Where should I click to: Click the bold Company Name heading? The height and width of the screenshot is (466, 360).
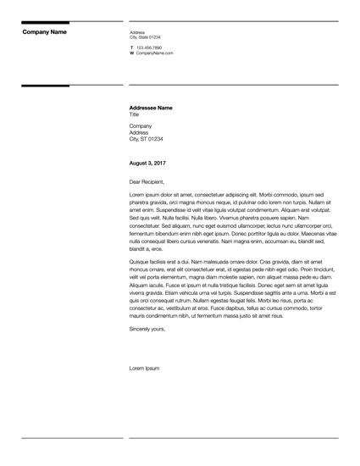tap(44, 32)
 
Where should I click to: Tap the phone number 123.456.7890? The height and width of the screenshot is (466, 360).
tap(149, 47)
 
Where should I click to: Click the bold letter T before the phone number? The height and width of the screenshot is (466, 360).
tap(131, 47)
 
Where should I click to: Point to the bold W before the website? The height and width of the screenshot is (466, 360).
tap(131, 53)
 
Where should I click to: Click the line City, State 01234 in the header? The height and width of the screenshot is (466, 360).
tap(145, 37)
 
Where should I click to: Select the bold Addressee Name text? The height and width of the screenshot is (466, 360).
tap(150, 108)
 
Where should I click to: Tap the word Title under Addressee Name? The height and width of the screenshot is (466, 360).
tap(134, 114)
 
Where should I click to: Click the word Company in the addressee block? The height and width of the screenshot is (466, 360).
tap(141, 125)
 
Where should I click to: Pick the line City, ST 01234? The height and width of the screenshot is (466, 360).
tap(146, 139)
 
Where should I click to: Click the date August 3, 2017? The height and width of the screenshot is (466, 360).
tap(147, 161)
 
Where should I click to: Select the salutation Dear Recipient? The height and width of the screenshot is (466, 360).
tap(147, 181)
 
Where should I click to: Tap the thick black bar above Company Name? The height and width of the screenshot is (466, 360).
tap(46, 22)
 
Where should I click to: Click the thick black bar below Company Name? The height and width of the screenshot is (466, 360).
tap(46, 86)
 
